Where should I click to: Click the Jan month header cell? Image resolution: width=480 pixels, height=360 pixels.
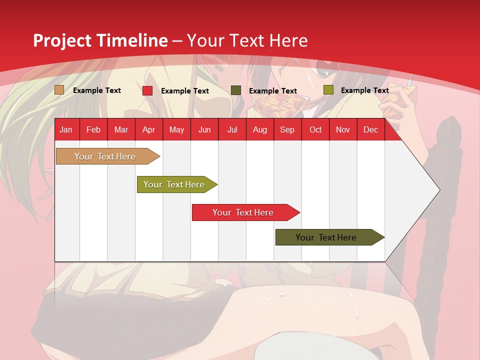pos(66,129)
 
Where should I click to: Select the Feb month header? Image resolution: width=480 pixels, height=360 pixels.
pos(93,129)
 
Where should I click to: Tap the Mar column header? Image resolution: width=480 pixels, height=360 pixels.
pos(121,129)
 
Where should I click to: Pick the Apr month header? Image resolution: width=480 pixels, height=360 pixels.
pos(148,129)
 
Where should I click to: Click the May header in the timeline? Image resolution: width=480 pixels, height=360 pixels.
pos(176,129)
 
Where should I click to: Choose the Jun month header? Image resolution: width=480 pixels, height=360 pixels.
pos(204,129)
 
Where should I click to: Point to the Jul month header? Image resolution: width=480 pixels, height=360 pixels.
pos(232,129)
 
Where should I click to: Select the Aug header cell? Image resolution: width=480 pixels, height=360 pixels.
pos(259,129)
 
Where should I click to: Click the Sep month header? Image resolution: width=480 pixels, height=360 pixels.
pos(287,129)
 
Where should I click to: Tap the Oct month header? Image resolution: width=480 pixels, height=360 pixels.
pos(315,129)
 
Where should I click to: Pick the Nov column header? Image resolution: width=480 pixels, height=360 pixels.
pos(343,129)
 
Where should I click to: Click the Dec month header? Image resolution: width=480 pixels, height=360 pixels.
pos(370,129)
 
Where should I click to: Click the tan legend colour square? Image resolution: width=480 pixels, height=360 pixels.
pos(59,90)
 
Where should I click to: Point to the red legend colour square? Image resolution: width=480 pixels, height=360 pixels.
pos(147,90)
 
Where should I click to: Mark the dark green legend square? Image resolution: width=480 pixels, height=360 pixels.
pos(236,90)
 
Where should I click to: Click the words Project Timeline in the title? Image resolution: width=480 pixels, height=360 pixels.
pos(100,40)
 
